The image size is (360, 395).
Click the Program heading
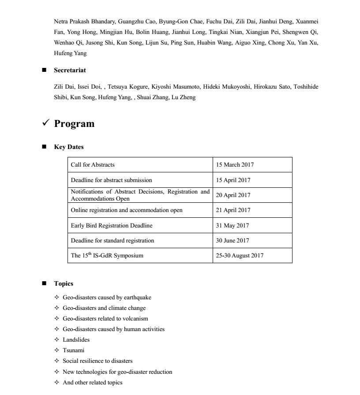(x=74, y=124)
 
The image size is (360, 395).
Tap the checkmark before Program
(x=45, y=124)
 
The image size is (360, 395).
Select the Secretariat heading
(x=70, y=70)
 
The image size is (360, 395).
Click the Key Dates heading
(x=68, y=147)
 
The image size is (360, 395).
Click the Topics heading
(x=64, y=283)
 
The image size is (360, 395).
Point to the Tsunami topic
(x=73, y=350)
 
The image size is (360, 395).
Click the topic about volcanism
(x=105, y=318)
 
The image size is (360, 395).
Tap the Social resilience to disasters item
(x=97, y=361)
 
